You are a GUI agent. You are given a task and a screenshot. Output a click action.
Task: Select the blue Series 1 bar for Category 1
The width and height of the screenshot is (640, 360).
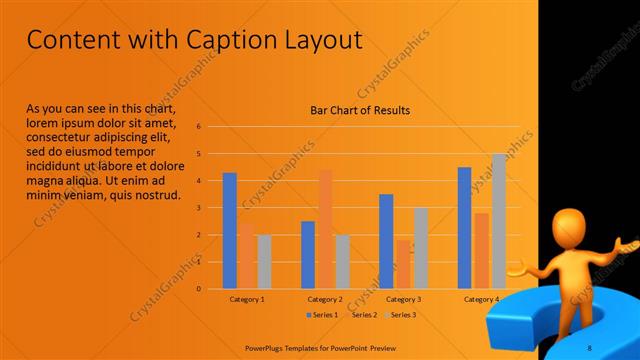[230, 231]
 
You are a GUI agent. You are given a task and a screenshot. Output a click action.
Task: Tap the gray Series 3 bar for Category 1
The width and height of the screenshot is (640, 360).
[264, 262]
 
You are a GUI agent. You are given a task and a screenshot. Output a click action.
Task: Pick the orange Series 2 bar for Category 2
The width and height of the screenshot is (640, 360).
[325, 229]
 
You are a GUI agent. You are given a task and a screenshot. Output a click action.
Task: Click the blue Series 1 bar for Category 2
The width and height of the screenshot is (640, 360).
[308, 255]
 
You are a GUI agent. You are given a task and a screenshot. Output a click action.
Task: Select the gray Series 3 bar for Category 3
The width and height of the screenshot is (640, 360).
[421, 248]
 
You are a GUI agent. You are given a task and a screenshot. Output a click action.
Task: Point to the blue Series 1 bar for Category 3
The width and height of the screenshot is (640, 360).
[386, 241]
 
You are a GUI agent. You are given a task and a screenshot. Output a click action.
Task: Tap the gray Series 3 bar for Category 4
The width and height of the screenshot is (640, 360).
[499, 221]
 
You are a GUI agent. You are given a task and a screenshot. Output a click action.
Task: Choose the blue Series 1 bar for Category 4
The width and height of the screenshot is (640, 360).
[464, 228]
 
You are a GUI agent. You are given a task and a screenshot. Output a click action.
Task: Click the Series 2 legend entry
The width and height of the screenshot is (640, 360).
[360, 315]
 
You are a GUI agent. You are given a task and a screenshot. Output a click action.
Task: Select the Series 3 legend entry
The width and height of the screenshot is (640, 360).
[400, 315]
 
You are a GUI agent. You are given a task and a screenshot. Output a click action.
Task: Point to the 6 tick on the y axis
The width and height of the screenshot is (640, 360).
[199, 127]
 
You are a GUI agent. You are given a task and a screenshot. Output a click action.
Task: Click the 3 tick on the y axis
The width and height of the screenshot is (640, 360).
[199, 208]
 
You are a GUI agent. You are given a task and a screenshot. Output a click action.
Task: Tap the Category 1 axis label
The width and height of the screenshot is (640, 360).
[247, 299]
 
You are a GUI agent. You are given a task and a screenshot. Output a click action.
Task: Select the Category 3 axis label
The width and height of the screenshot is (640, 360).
[403, 299]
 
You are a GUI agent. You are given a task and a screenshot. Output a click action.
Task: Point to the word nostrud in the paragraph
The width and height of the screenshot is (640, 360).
[156, 194]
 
